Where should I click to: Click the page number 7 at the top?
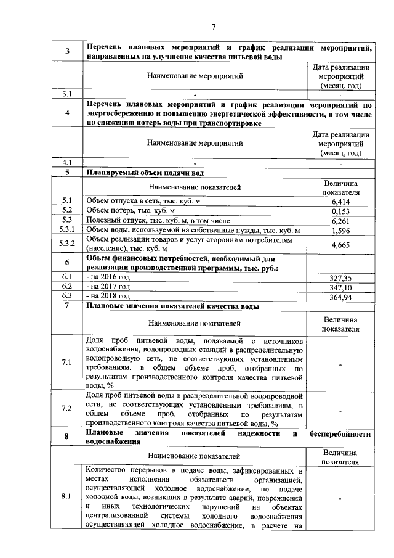[214, 27]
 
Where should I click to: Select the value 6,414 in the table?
[340, 201]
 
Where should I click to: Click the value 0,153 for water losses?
[340, 211]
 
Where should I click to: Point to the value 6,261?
[340, 221]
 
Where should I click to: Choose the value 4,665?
[340, 245]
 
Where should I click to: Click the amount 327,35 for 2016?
[340, 279]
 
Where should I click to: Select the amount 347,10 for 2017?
[340, 288]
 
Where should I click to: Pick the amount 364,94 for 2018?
[340, 297]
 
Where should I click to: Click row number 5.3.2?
[66, 245]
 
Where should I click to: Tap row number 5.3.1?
[66, 231]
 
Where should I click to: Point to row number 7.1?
[66, 362]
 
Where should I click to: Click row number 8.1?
[66, 496]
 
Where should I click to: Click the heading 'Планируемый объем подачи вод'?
[145, 173]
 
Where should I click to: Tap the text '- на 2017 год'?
[108, 287]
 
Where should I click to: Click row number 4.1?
[66, 163]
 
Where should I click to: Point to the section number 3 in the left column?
[66, 51]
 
